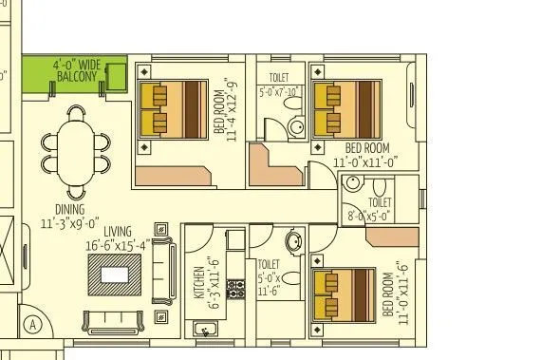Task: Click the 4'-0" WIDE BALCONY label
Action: point(75,72)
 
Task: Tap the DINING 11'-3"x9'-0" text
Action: point(63,217)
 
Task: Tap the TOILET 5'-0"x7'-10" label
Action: point(279,86)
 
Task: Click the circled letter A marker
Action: point(33,323)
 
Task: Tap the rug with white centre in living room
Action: point(115,274)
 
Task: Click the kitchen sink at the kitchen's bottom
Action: point(205,330)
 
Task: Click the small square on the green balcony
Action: point(119,75)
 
